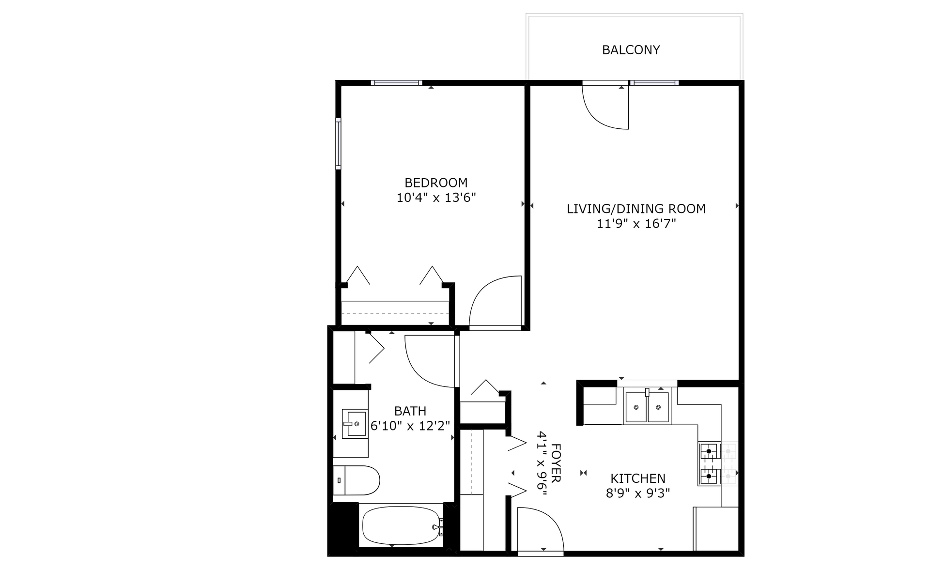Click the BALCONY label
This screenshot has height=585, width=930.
631,50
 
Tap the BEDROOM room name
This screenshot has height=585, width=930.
436,183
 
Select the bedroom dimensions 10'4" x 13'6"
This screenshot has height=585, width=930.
436,198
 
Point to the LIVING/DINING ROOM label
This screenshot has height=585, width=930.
636,209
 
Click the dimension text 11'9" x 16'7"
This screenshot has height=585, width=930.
636,224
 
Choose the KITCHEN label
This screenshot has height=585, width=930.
638,478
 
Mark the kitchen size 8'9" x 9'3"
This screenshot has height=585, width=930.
638,493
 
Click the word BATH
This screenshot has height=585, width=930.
410,411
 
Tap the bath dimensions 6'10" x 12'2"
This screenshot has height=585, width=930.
410,426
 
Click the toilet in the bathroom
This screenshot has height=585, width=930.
356,480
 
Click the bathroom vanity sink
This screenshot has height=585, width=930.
355,424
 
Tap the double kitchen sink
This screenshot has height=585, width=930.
647,407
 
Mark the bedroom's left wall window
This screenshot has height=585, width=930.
338,143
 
